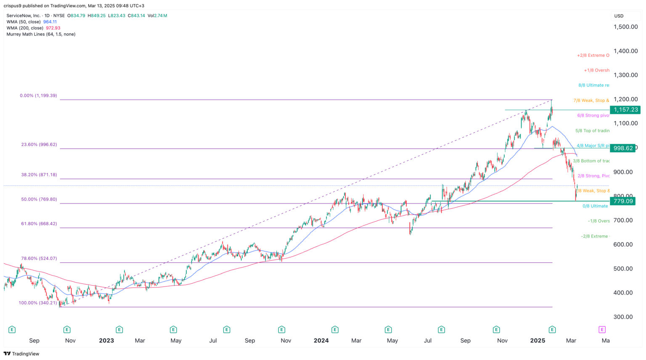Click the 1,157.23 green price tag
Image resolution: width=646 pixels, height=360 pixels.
[x=625, y=110]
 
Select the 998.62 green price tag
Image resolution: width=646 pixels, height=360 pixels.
[x=623, y=148]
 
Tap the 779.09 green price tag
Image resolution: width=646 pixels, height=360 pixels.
[x=623, y=201]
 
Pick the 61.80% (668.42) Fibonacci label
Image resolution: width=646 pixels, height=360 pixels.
[x=39, y=224]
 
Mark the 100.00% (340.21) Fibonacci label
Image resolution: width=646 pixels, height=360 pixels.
[x=37, y=303]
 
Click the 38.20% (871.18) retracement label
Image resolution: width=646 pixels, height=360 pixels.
[x=39, y=175]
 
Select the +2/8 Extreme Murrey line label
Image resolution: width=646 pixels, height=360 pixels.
[x=593, y=56]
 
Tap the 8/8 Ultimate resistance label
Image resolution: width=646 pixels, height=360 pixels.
[x=593, y=85]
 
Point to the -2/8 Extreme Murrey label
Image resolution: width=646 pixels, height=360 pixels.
[x=595, y=236]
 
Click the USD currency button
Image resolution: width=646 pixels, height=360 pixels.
[x=619, y=16]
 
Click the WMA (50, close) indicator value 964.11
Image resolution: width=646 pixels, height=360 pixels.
[x=50, y=22]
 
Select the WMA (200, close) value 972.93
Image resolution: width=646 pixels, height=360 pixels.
[x=53, y=28]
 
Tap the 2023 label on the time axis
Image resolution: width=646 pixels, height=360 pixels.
[x=106, y=341]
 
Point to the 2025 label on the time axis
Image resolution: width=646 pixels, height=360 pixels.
[x=537, y=341]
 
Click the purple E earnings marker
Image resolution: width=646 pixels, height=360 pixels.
[x=602, y=330]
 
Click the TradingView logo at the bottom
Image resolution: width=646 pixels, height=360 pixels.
[x=21, y=354]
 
